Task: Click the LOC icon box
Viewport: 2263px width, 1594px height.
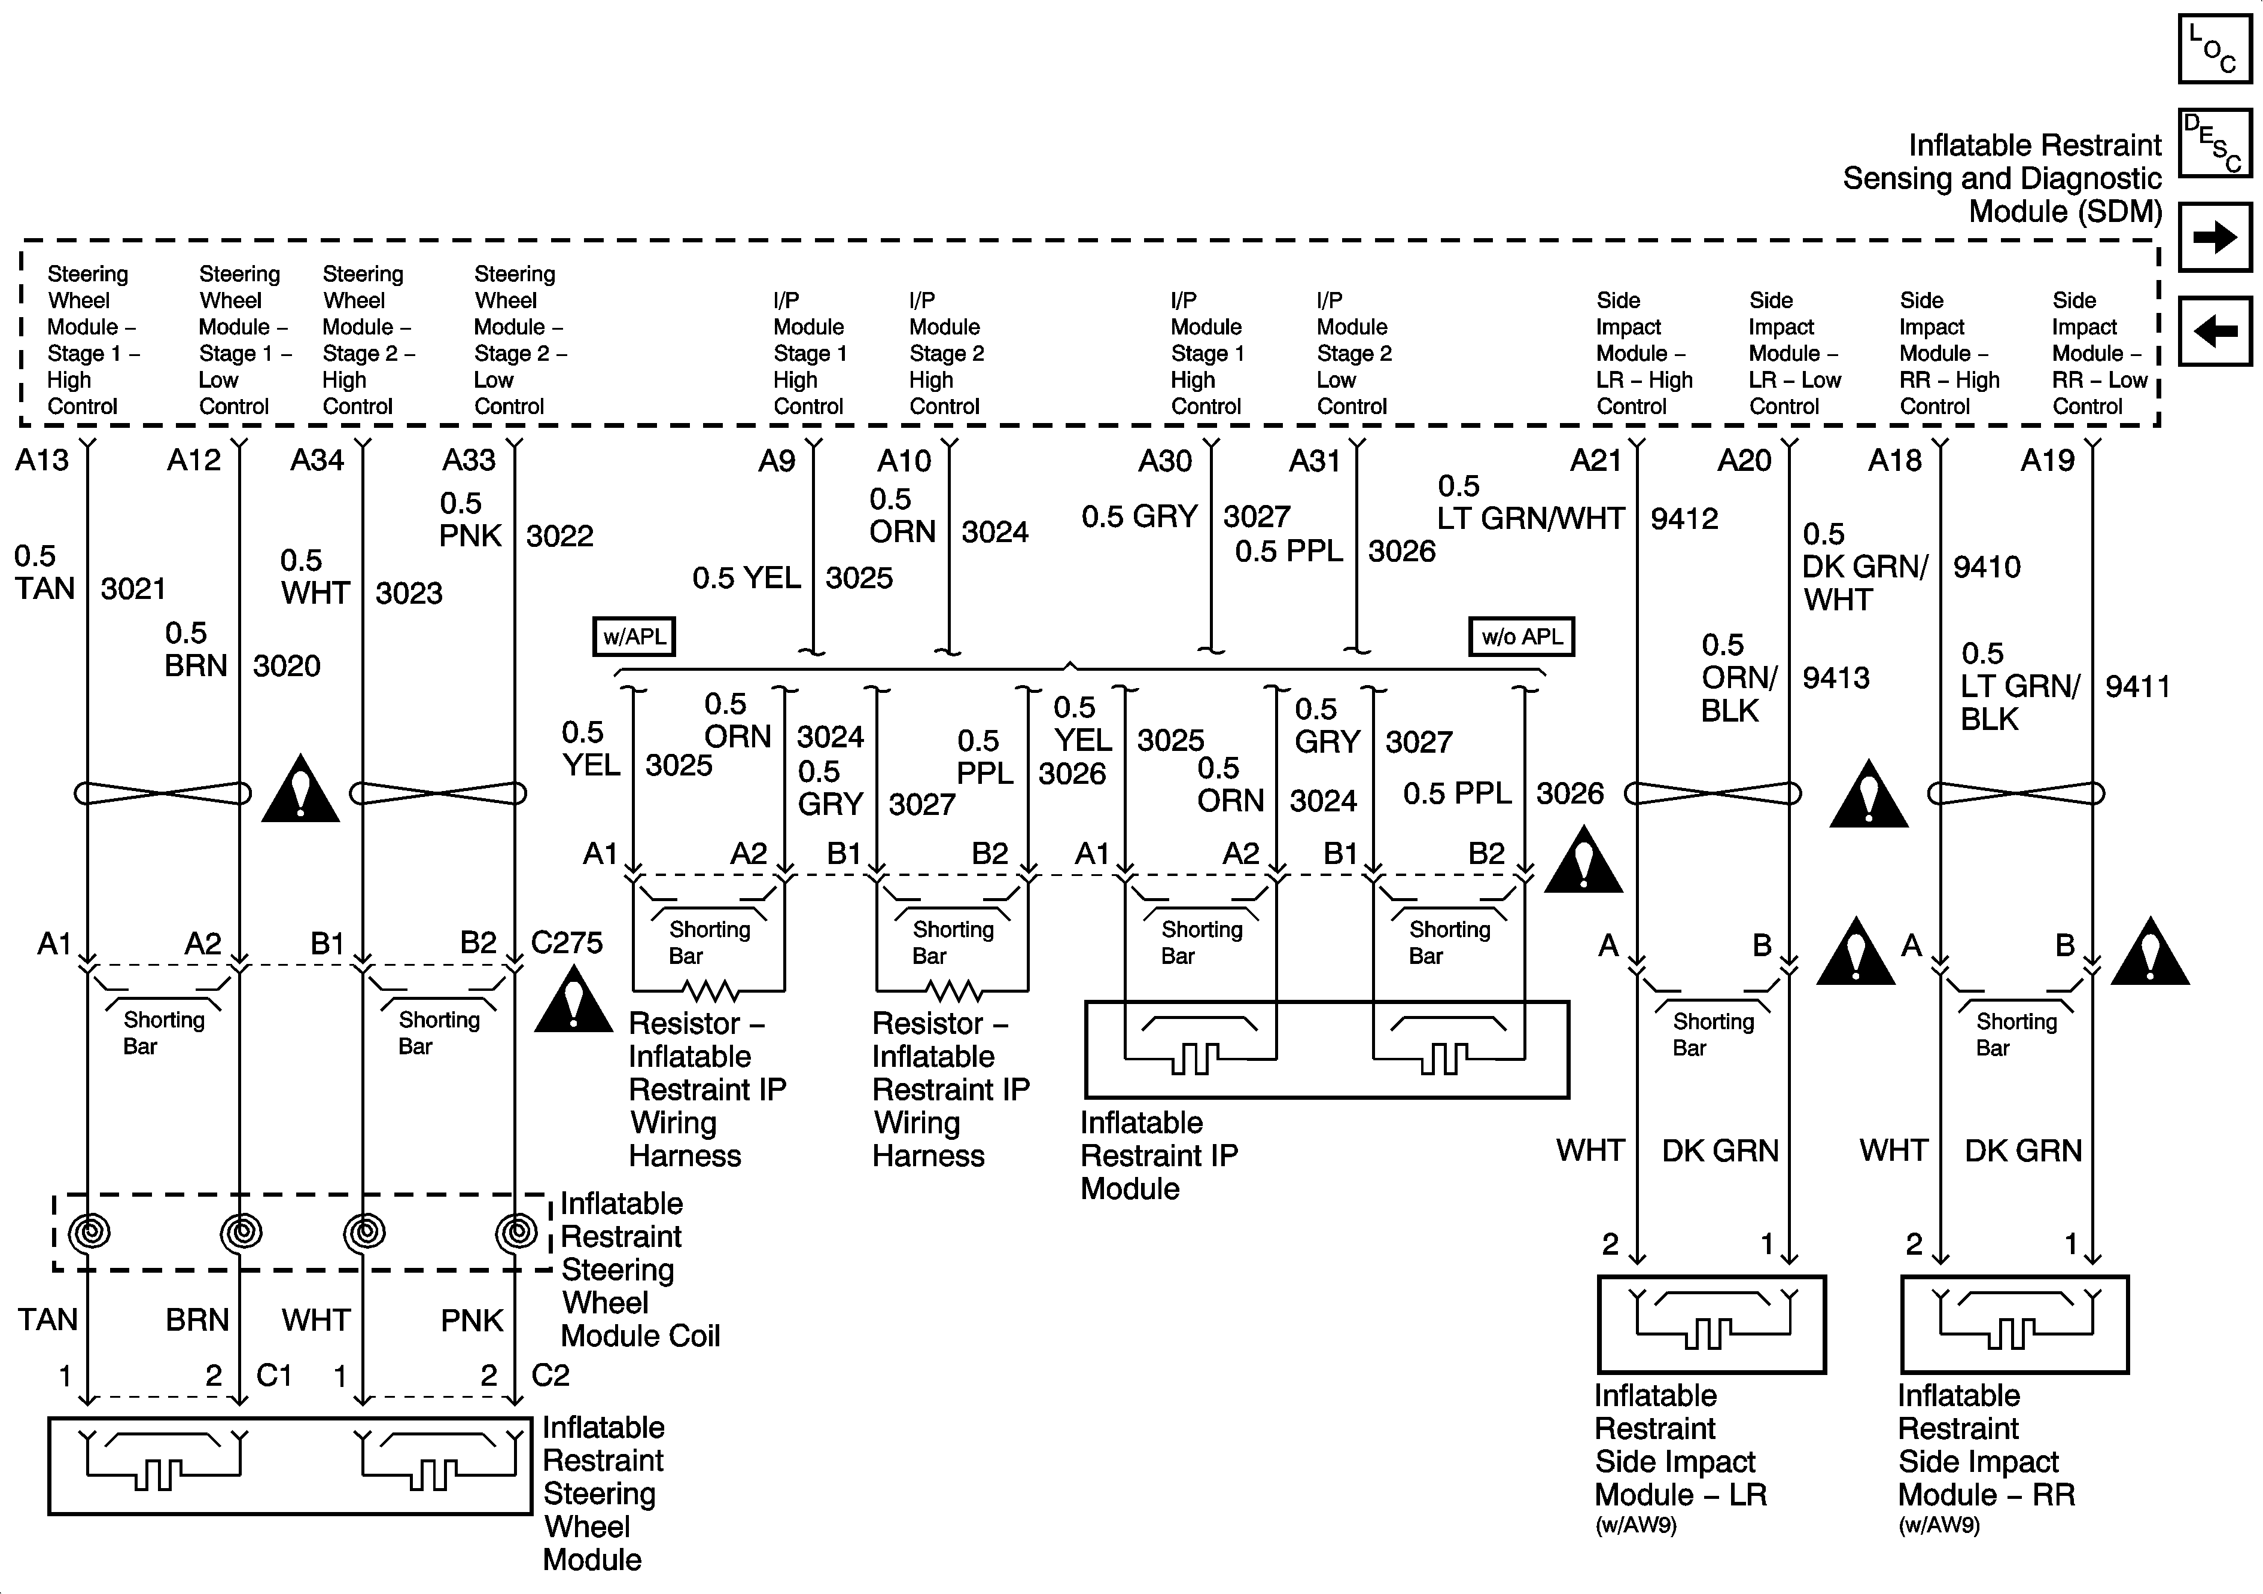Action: point(2215,48)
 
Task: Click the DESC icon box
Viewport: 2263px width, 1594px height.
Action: point(2215,143)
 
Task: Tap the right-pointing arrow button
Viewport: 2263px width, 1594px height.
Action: point(2215,236)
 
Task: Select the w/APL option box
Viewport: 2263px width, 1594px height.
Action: point(634,637)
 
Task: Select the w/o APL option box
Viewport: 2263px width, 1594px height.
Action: point(1522,637)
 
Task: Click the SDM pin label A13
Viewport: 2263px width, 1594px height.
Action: point(42,460)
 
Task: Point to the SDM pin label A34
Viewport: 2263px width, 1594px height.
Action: point(317,460)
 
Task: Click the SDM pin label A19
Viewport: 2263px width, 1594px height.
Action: point(2047,460)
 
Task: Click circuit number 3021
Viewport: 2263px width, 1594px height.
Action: point(133,589)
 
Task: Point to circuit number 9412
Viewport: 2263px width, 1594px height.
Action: point(1684,519)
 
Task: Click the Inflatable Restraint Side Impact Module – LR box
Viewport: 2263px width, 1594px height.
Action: point(1711,1324)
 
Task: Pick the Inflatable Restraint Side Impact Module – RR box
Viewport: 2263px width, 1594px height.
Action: point(2015,1324)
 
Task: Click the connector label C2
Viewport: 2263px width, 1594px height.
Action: point(550,1375)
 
